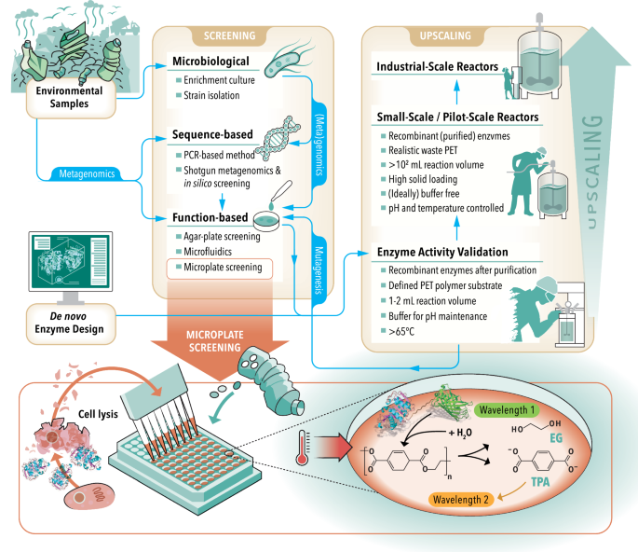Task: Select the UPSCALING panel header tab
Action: (434, 36)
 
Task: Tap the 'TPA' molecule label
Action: (540, 485)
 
